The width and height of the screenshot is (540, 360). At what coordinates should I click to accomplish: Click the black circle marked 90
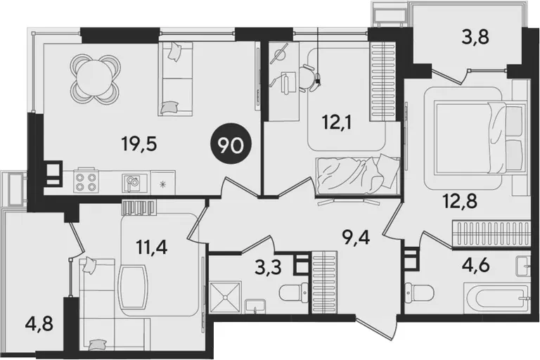tap(231, 146)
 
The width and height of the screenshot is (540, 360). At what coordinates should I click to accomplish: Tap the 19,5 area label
tap(139, 143)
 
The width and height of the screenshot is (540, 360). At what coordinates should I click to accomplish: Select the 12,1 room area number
tap(337, 122)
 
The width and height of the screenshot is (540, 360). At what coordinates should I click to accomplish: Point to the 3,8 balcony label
tap(475, 37)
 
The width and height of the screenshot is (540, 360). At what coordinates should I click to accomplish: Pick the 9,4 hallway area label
tap(356, 237)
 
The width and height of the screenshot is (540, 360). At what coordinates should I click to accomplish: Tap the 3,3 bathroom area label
tap(269, 267)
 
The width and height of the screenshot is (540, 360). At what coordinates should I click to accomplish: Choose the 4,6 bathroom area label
tap(476, 266)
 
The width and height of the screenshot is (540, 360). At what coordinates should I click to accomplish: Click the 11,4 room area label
tap(152, 247)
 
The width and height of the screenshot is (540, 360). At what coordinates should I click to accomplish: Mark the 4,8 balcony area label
tap(39, 324)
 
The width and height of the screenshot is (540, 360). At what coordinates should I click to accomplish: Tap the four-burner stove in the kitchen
tap(86, 182)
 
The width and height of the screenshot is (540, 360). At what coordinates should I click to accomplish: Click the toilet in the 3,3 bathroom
tap(294, 292)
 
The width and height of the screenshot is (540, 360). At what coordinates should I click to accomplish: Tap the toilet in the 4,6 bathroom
tap(420, 292)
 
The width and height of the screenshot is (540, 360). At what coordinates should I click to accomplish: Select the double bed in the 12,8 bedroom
tap(481, 137)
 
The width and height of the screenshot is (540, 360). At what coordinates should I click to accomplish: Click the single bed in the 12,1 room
tap(358, 176)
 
